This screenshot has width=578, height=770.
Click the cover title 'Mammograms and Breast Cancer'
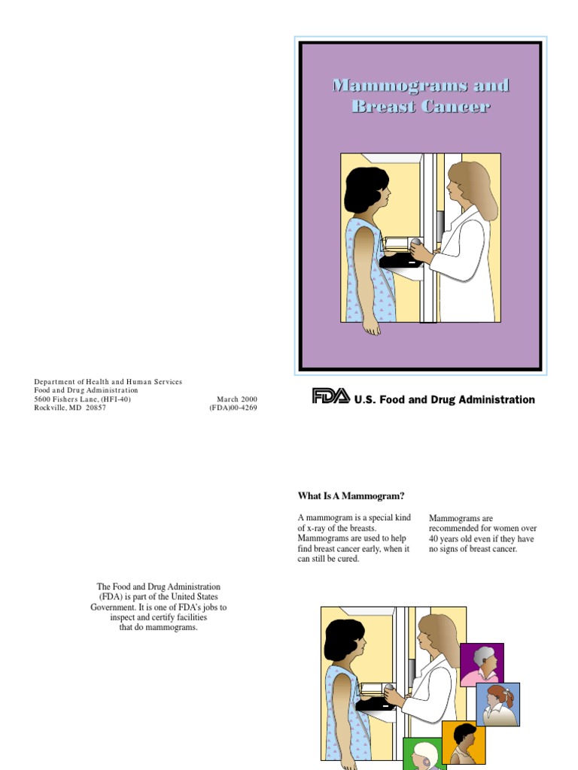[x=421, y=95]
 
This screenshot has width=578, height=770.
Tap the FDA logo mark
[x=331, y=396]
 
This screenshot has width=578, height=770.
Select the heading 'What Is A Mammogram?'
[x=351, y=496]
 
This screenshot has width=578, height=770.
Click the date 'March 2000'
[x=238, y=399]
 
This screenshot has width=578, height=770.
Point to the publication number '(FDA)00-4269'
[x=233, y=408]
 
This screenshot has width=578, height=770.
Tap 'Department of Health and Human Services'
[x=108, y=382]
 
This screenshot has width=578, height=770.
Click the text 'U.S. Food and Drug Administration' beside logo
[x=444, y=400]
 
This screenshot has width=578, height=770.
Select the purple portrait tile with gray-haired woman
[x=482, y=665]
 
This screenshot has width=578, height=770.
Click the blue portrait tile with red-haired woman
[x=497, y=704]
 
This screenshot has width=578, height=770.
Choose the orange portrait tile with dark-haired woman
[x=464, y=743]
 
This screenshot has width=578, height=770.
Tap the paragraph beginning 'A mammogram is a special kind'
[x=354, y=538]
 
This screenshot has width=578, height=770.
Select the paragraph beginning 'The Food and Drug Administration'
[x=158, y=607]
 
